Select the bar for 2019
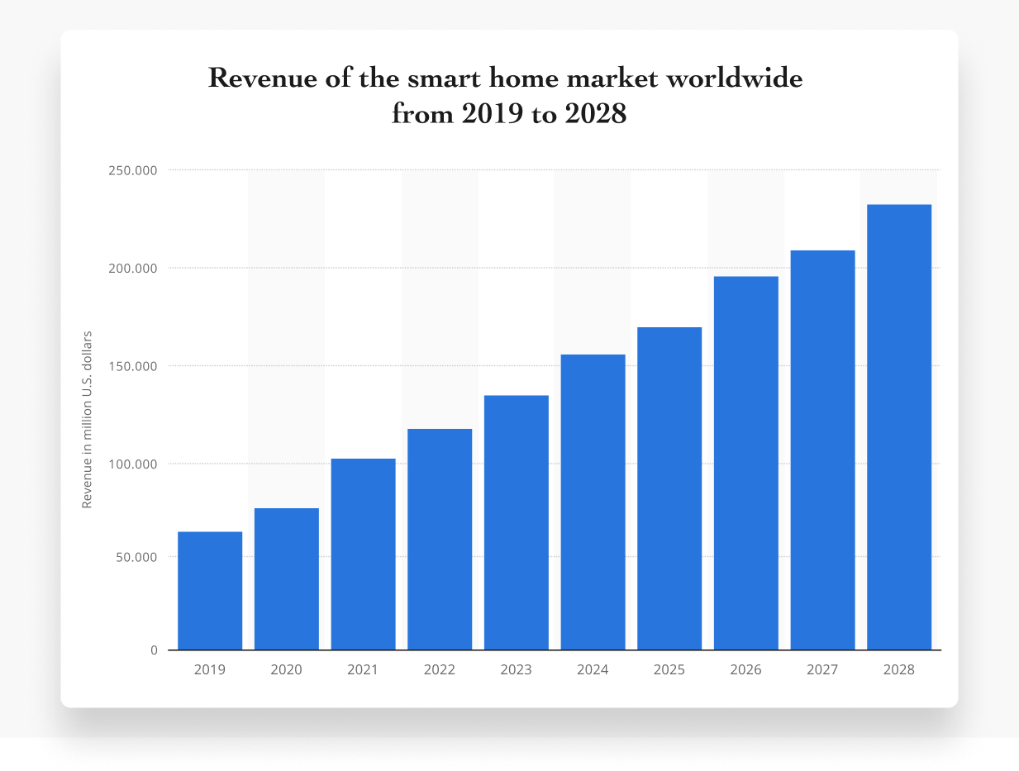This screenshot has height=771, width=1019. click(x=210, y=590)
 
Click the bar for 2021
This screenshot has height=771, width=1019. click(x=363, y=554)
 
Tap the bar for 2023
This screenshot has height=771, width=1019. click(x=517, y=522)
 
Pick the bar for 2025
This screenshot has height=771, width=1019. click(x=669, y=488)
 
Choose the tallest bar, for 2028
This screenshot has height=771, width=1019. click(x=899, y=426)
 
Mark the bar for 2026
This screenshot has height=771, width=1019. click(x=746, y=463)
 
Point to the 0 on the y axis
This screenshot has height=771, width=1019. click(x=154, y=650)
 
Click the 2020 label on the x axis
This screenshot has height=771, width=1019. click(x=286, y=670)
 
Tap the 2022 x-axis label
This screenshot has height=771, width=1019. click(x=440, y=670)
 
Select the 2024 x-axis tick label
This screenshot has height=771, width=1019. click(x=593, y=670)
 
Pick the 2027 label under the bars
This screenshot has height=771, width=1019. click(x=822, y=670)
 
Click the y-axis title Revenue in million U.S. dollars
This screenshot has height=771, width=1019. click(x=87, y=419)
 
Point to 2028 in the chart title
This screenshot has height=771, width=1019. click(x=596, y=114)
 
